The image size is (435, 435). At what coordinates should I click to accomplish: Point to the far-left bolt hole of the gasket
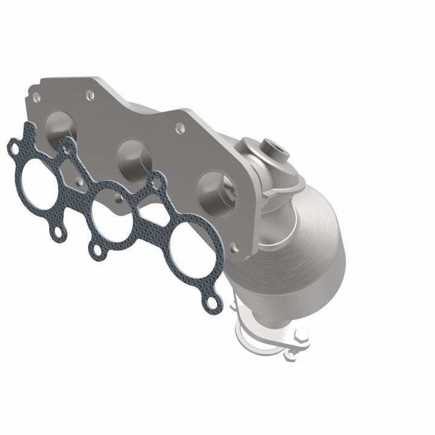click(x=13, y=147)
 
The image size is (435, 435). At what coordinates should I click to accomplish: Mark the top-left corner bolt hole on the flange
click(x=37, y=95)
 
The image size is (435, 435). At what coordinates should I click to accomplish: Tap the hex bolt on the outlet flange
click(x=300, y=334)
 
